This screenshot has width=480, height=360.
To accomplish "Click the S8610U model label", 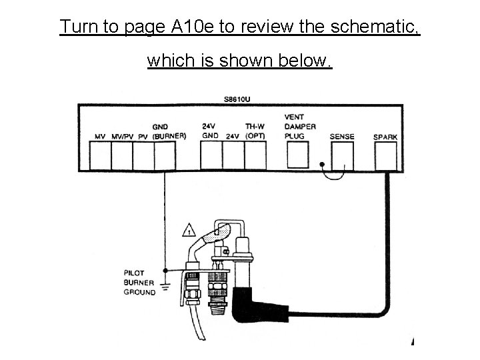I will click(237, 100).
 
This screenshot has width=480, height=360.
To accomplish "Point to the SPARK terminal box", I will click(386, 155).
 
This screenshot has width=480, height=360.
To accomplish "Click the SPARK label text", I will click(385, 137).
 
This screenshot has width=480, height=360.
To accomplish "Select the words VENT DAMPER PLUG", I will click(299, 127).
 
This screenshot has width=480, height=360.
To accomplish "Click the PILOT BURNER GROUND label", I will click(139, 282).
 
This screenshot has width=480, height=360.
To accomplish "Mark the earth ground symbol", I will click(164, 287).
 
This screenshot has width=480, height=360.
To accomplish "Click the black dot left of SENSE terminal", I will click(321, 164).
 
